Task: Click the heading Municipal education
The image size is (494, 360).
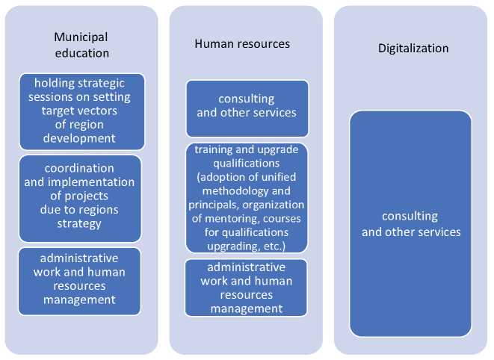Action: (x=81, y=45)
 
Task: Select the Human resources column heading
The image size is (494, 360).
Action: (x=242, y=43)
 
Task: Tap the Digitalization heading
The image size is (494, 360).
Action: (x=413, y=49)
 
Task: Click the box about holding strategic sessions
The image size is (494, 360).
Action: (x=82, y=111)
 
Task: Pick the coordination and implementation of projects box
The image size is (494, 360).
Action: (x=80, y=199)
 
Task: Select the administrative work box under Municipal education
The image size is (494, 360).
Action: (x=79, y=282)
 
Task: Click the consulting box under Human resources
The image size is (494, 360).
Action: (x=247, y=108)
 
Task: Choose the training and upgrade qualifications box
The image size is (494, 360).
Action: (x=247, y=198)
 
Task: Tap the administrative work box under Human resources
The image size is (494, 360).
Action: (x=246, y=288)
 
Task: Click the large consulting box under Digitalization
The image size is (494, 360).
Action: (x=410, y=223)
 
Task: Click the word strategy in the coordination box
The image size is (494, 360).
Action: (x=79, y=223)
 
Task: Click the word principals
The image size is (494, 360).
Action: (x=214, y=205)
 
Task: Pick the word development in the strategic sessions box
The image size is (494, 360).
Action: (x=79, y=138)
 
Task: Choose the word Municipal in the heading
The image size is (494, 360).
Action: (x=81, y=37)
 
